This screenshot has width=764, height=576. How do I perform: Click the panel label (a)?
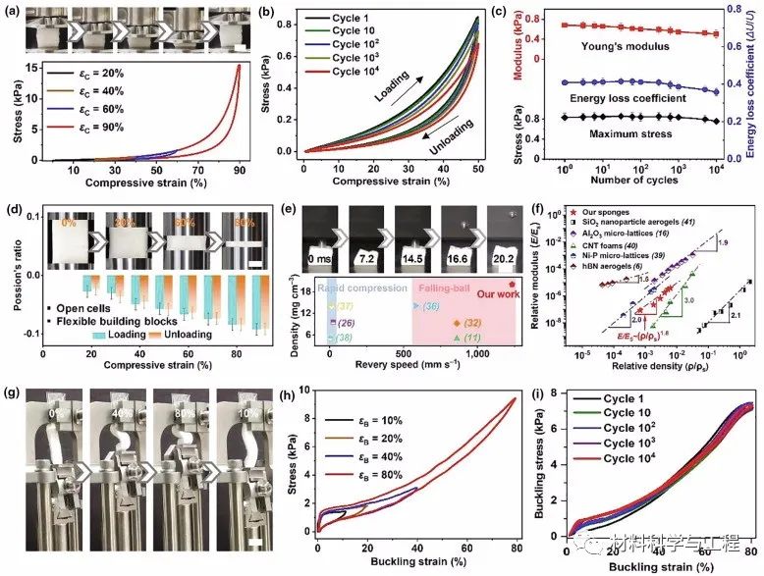coord(14,12)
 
